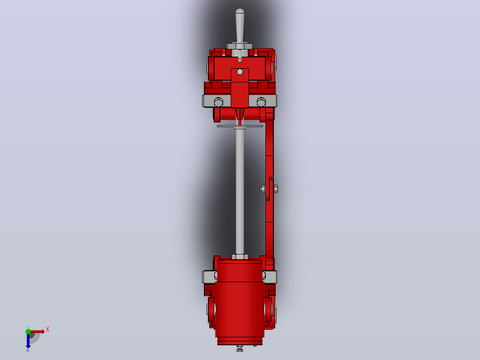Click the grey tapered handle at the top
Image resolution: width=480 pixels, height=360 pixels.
(240, 28)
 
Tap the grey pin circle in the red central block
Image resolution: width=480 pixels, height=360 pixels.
(240, 72)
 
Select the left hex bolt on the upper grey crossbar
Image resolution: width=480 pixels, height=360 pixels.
(218, 102)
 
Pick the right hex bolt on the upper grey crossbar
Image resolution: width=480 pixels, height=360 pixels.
(261, 102)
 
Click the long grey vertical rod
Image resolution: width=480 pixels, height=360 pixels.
(240, 190)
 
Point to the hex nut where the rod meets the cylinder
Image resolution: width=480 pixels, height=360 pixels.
(240, 257)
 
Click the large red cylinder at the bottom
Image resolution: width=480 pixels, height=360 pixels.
(240, 302)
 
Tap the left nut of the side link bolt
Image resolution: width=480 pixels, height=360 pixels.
(263, 189)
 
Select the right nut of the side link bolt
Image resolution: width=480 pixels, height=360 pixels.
(276, 189)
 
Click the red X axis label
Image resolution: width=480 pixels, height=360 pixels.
(48, 330)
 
